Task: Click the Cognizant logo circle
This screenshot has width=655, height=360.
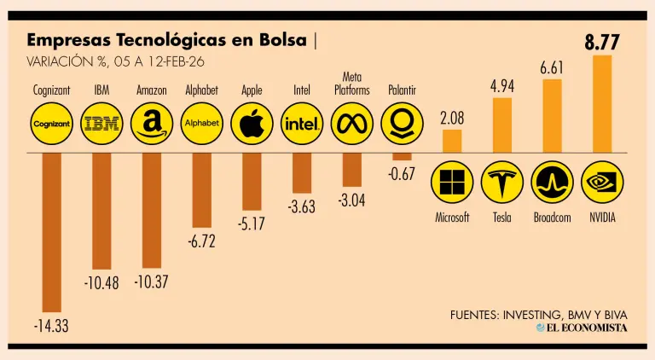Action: tap(52, 125)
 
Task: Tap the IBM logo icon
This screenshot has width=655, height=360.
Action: tap(101, 125)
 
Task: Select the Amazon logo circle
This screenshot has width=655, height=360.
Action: tap(152, 125)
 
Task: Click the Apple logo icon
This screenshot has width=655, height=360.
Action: tap(252, 125)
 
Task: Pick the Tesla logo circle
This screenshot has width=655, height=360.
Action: tap(501, 182)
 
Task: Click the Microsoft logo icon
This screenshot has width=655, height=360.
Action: tap(452, 182)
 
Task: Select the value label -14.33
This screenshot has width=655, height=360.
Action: tap(50, 326)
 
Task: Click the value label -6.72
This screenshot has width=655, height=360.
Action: tap(201, 242)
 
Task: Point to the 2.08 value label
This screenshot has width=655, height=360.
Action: tap(452, 119)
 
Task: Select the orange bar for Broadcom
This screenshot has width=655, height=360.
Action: tap(552, 115)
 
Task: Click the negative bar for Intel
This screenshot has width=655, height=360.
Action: tap(302, 173)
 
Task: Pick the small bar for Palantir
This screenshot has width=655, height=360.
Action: tap(402, 156)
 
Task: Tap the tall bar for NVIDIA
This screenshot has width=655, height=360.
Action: tap(602, 103)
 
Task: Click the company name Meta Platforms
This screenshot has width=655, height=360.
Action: tap(351, 84)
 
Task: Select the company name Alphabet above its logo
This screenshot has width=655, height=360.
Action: tap(202, 90)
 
